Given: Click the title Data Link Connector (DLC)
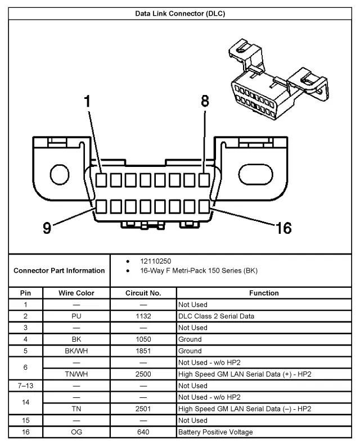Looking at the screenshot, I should pos(180,13).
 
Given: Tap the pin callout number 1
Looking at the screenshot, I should pos(87,102).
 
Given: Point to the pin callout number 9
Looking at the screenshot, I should pos(47,228).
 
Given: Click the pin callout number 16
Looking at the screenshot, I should pos(283,228).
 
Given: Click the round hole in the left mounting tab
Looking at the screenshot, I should pos(58,172).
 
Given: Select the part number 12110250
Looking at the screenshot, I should pos(156,262).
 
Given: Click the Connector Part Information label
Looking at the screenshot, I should pos(59,270).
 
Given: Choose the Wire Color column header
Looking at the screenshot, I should pos(76,293).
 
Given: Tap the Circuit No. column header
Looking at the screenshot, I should pos(143,293).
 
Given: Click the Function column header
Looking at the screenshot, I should pos(264,293).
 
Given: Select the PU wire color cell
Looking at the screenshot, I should pos(76,316).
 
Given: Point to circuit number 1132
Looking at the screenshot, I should pos(143,316).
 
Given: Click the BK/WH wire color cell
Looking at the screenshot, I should pos(76,351).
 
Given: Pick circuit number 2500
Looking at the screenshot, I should pos(143,374).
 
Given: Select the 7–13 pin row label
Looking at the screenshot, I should pos(26,386).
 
